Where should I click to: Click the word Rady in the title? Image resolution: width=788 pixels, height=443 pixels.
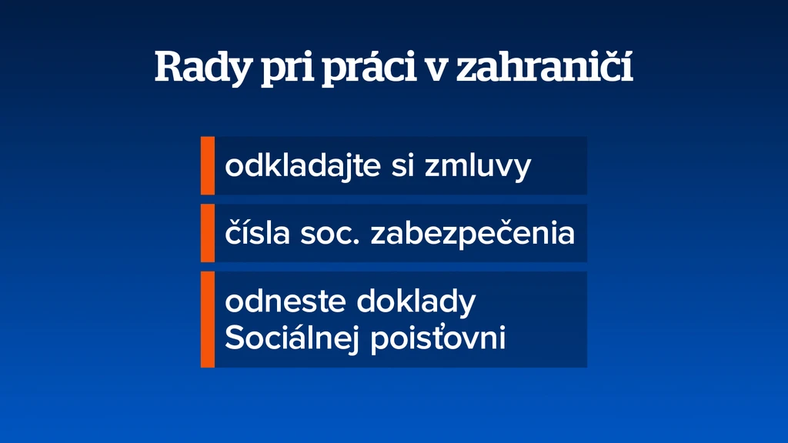pos(202,68)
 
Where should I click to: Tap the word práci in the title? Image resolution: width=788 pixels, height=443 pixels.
pos(369,68)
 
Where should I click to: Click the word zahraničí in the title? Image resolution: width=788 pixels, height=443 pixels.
pos(544,66)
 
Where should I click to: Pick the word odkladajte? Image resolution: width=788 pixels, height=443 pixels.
pos(303,165)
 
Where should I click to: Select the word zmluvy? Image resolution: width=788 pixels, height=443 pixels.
pos(478,167)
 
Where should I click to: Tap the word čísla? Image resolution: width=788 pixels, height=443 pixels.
pos(257,232)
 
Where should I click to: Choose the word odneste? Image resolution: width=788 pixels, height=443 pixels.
pos(285,301)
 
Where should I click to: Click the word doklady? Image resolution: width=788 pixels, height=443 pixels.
pos(416,301)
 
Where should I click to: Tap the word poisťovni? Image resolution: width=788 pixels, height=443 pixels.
pos(438,338)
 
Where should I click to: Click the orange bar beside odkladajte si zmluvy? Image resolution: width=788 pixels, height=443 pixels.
pos(208,165)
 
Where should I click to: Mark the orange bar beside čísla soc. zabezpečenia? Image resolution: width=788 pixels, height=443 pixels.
pos(208,233)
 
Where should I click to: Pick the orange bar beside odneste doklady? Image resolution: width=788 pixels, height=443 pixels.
pos(208,319)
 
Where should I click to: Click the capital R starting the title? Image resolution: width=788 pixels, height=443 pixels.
pos(169,66)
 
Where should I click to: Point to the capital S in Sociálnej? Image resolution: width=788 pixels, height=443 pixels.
pos(234,338)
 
